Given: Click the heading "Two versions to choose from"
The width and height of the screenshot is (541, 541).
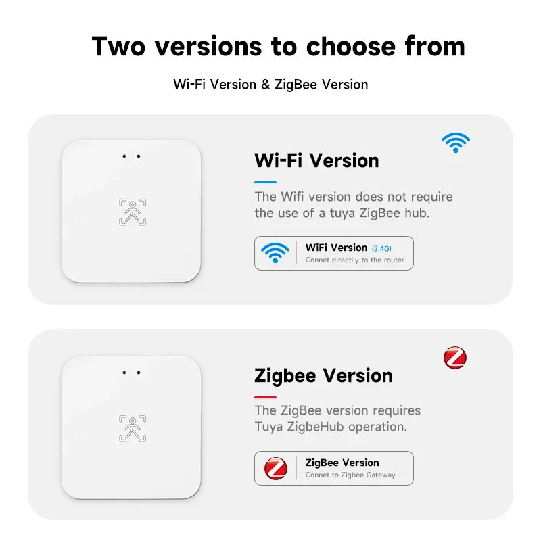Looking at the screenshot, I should point(278,46).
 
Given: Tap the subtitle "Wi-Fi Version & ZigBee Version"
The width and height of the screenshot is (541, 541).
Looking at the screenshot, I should point(270,85).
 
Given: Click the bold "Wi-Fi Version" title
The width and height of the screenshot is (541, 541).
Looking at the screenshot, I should point(316,160).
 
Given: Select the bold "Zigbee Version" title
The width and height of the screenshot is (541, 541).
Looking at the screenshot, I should point(323,375).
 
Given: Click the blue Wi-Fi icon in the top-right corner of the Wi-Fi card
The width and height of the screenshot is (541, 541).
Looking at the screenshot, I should point(456,142).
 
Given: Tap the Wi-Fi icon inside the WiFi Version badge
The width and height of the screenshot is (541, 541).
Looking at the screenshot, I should point(275,253).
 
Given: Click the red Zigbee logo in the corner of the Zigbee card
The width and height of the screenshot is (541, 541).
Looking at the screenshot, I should point(455,358).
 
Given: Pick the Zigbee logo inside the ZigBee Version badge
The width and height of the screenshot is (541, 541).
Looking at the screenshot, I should point(275,468).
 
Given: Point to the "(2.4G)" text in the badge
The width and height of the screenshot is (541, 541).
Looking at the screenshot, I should point(381,248).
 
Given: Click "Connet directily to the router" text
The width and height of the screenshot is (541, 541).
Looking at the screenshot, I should point(354,260).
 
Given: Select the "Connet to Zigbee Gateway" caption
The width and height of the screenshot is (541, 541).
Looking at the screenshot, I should point(350,475).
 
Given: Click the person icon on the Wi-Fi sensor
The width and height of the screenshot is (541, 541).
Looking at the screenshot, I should point(132,212).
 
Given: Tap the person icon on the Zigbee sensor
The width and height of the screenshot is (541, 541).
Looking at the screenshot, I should point(132,428).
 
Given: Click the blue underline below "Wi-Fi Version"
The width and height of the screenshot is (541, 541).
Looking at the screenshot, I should point(265,182).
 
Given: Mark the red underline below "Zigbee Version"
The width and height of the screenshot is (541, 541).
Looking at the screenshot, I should point(265,397).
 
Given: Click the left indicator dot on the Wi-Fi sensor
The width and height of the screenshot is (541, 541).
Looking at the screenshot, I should point(124,157).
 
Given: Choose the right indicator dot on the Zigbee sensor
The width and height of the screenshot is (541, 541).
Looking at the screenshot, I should point(139,373).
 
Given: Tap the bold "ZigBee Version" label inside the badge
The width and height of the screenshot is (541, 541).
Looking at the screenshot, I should point(342,463).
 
